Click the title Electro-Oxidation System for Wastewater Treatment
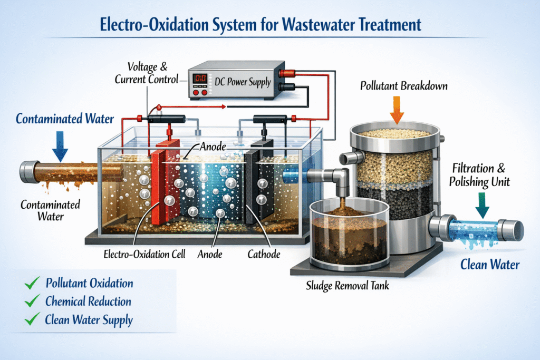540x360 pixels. point(270,25)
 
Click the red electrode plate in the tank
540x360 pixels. point(166,190)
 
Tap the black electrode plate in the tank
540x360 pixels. point(258,184)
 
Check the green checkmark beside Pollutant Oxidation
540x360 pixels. point(33,284)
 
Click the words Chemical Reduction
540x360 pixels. point(88,301)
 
